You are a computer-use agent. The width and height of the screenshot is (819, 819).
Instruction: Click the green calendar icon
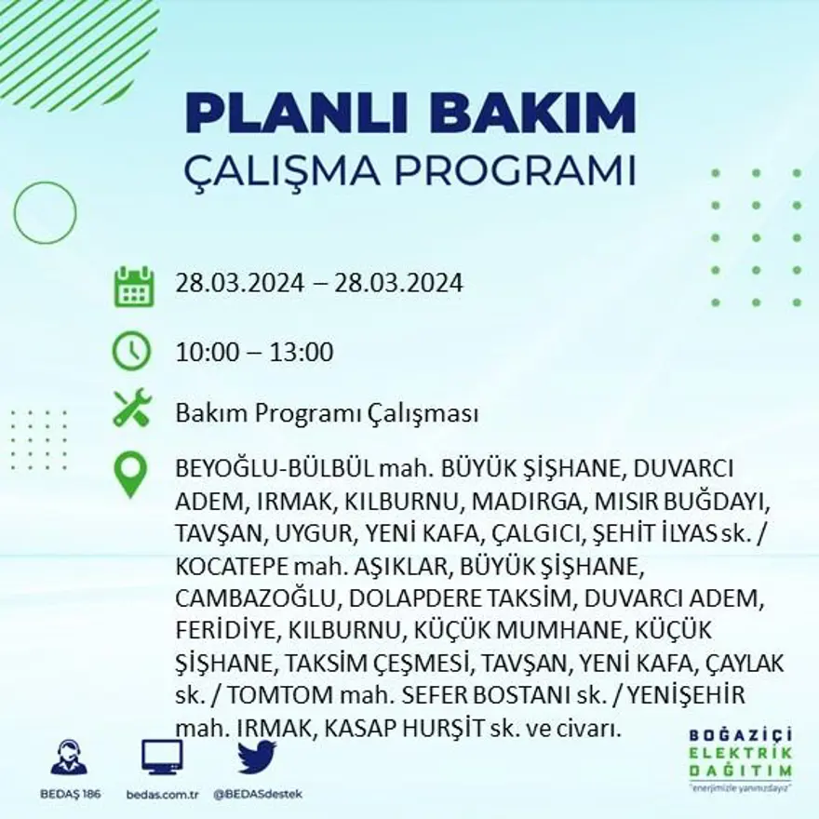click(x=133, y=287)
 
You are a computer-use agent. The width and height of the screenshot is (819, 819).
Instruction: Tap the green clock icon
click(x=131, y=352)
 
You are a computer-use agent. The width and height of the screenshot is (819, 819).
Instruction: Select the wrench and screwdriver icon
click(x=132, y=409)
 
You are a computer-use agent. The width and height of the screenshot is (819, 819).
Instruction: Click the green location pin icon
click(x=131, y=474)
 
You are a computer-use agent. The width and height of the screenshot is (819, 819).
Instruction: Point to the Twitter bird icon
click(x=257, y=758)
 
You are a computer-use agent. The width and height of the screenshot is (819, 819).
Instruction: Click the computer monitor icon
click(x=162, y=758)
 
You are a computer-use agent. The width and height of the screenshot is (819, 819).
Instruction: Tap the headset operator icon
click(x=69, y=758)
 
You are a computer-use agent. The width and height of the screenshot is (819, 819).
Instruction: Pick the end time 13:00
click(x=302, y=353)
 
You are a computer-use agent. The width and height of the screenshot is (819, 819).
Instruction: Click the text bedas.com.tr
click(x=162, y=794)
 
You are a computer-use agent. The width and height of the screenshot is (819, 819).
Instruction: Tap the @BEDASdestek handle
click(x=258, y=794)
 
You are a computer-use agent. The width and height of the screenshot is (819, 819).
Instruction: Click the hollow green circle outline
click(x=45, y=213)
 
